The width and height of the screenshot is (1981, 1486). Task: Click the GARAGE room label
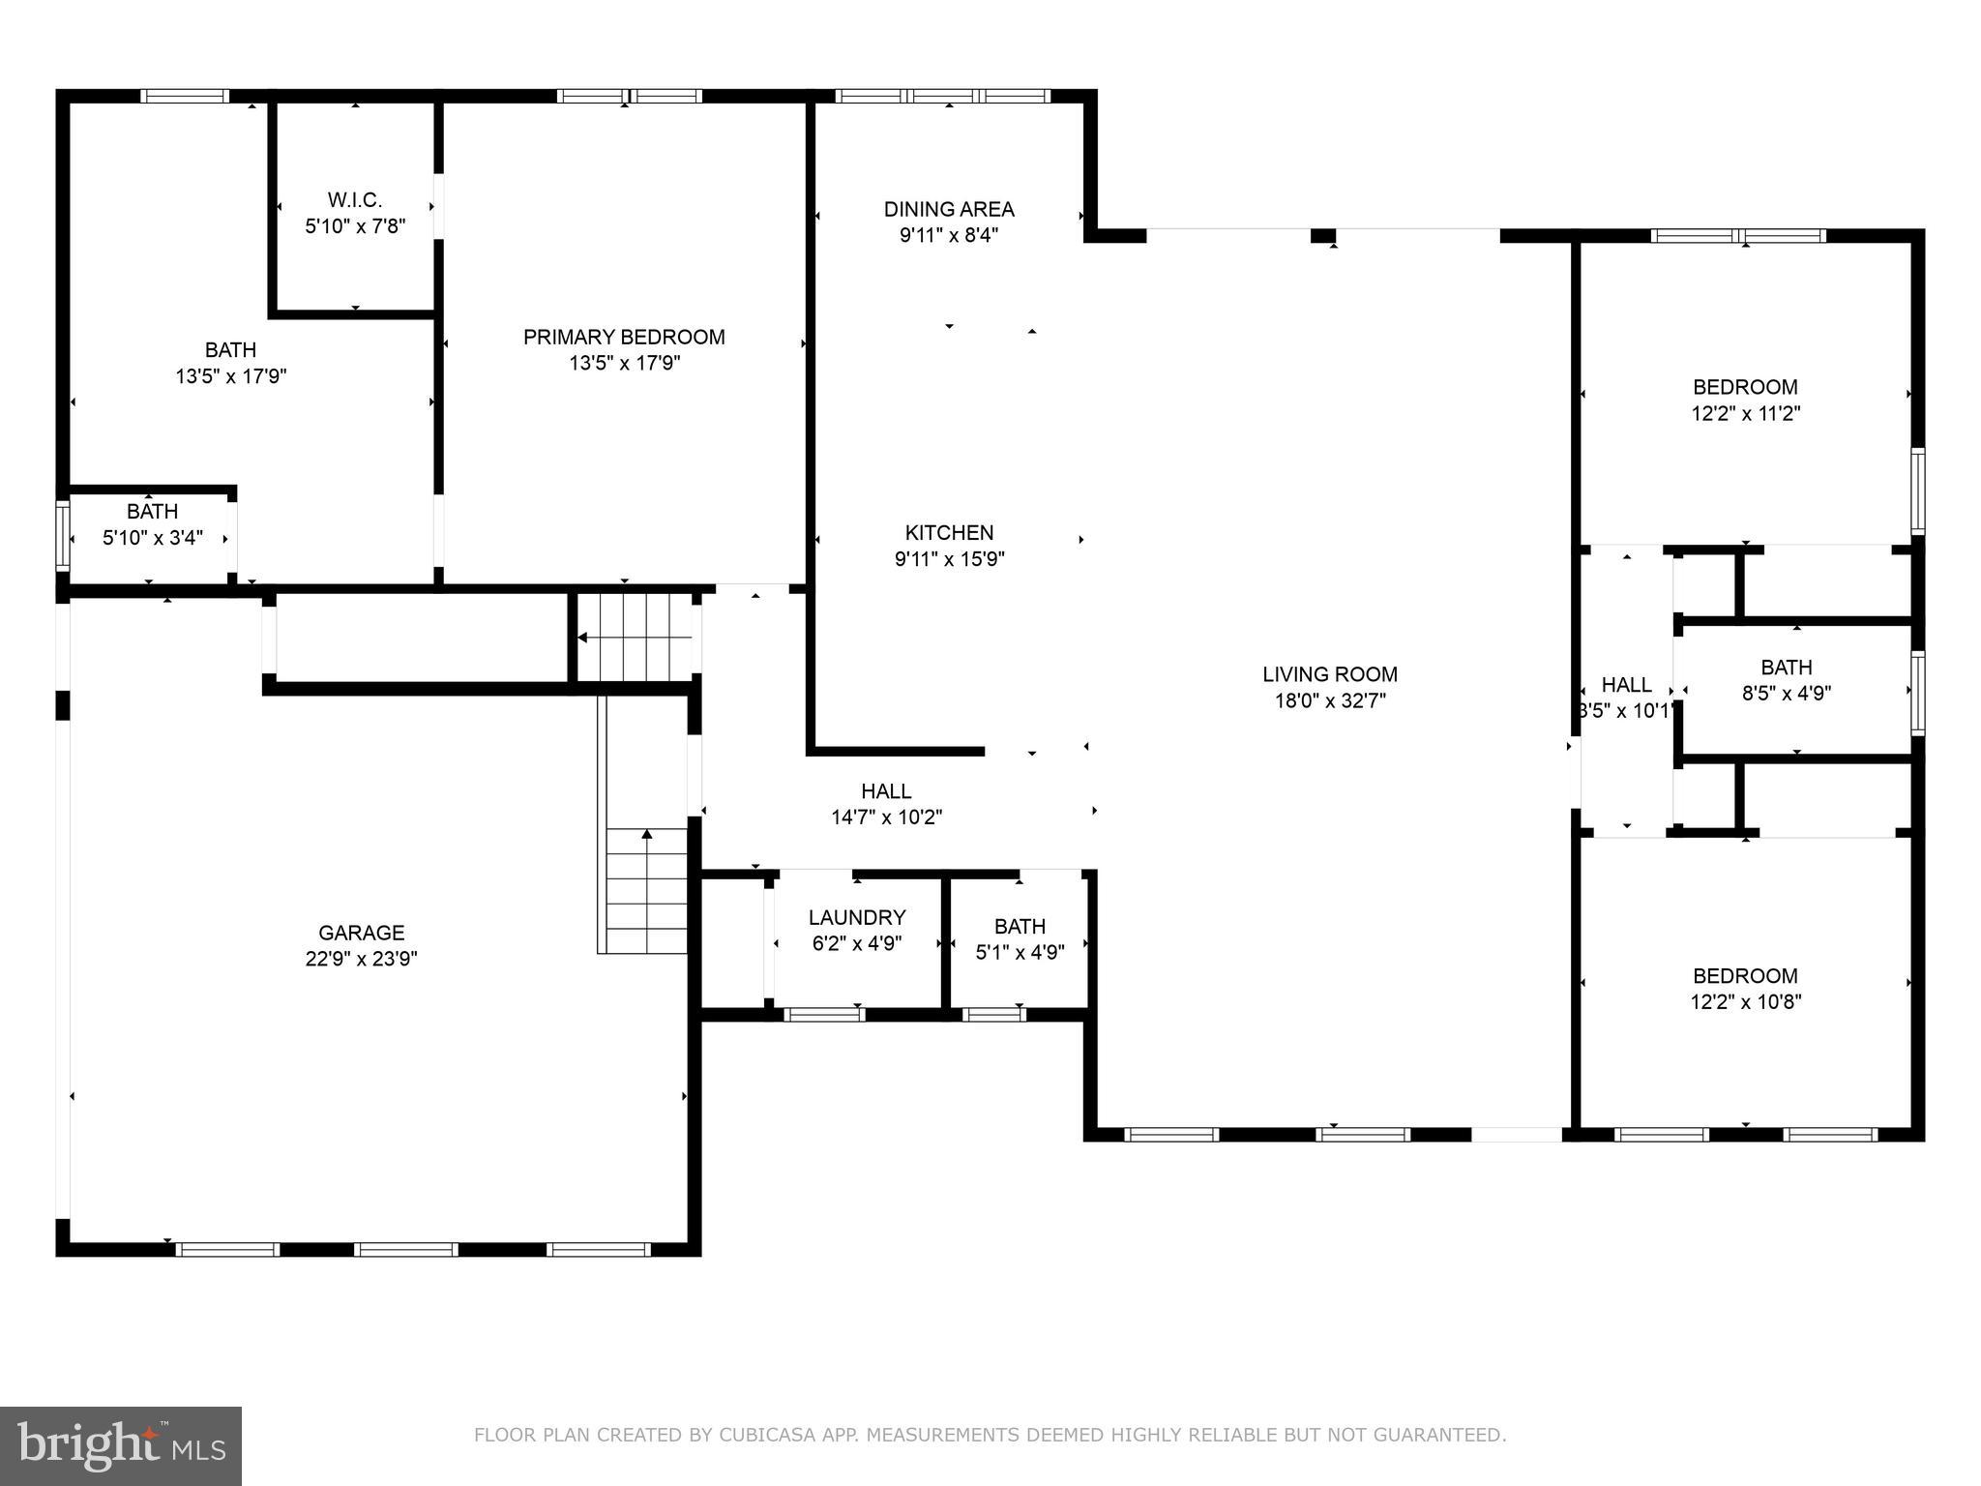362,933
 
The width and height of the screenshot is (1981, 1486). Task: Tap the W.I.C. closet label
355,200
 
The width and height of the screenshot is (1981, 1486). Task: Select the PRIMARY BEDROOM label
624,337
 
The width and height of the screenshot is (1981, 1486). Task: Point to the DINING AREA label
949,209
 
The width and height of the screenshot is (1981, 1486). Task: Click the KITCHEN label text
949,532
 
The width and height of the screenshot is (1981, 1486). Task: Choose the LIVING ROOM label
1330,674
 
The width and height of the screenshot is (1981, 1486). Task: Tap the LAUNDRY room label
857,917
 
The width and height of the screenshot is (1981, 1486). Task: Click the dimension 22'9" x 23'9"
362,959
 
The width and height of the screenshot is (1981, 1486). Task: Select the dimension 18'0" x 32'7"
1330,700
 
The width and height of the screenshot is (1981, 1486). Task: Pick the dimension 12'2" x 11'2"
1745,413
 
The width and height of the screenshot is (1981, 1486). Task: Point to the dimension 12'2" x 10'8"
1745,1002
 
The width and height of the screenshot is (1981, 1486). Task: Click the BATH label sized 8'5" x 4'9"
1786,668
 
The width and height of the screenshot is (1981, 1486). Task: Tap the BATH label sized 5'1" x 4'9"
1020,927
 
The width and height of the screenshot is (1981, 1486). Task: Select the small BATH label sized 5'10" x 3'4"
152,512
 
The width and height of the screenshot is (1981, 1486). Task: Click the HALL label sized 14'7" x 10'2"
886,791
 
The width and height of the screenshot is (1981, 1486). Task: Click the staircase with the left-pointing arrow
635,638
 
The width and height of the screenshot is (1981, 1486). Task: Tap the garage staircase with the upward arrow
646,890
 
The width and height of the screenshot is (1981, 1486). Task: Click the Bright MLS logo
121,1445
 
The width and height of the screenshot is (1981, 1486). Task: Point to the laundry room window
824,1014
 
